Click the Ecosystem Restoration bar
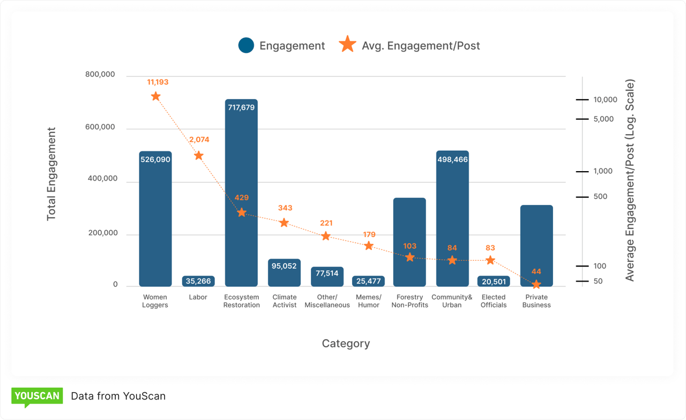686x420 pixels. pos(241,193)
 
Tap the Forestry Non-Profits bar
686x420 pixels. pos(409,242)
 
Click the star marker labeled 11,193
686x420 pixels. pos(155,97)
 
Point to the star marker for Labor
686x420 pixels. pos(198,156)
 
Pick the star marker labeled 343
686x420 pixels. pos(284,223)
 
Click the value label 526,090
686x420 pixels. pos(155,159)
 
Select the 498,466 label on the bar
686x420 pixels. pos(452,159)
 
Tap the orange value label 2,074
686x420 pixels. pos(199,139)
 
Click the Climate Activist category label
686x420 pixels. pos(284,301)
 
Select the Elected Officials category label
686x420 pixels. pos(494,301)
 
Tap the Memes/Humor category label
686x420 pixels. pos(368,301)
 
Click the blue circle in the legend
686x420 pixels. pos(246,46)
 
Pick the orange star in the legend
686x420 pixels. pos(348,45)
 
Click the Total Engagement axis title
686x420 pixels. pos(51,174)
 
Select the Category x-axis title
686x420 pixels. pos(346,343)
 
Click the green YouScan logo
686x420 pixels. pos(37,396)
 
